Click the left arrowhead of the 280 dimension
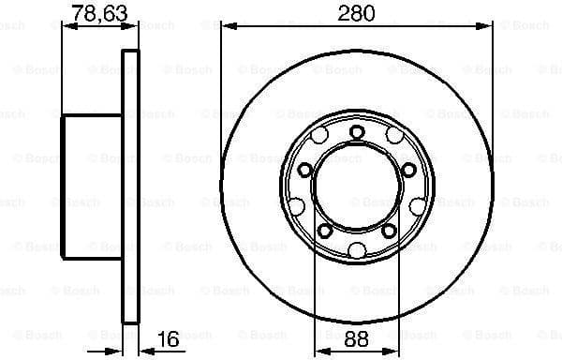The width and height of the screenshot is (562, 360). pyautogui.click(x=226, y=26)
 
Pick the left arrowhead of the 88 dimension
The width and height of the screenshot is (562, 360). pyautogui.click(x=318, y=352)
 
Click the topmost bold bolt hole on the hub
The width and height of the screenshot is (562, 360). pyautogui.click(x=357, y=133)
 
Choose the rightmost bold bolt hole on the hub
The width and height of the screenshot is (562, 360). pyautogui.click(x=408, y=170)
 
